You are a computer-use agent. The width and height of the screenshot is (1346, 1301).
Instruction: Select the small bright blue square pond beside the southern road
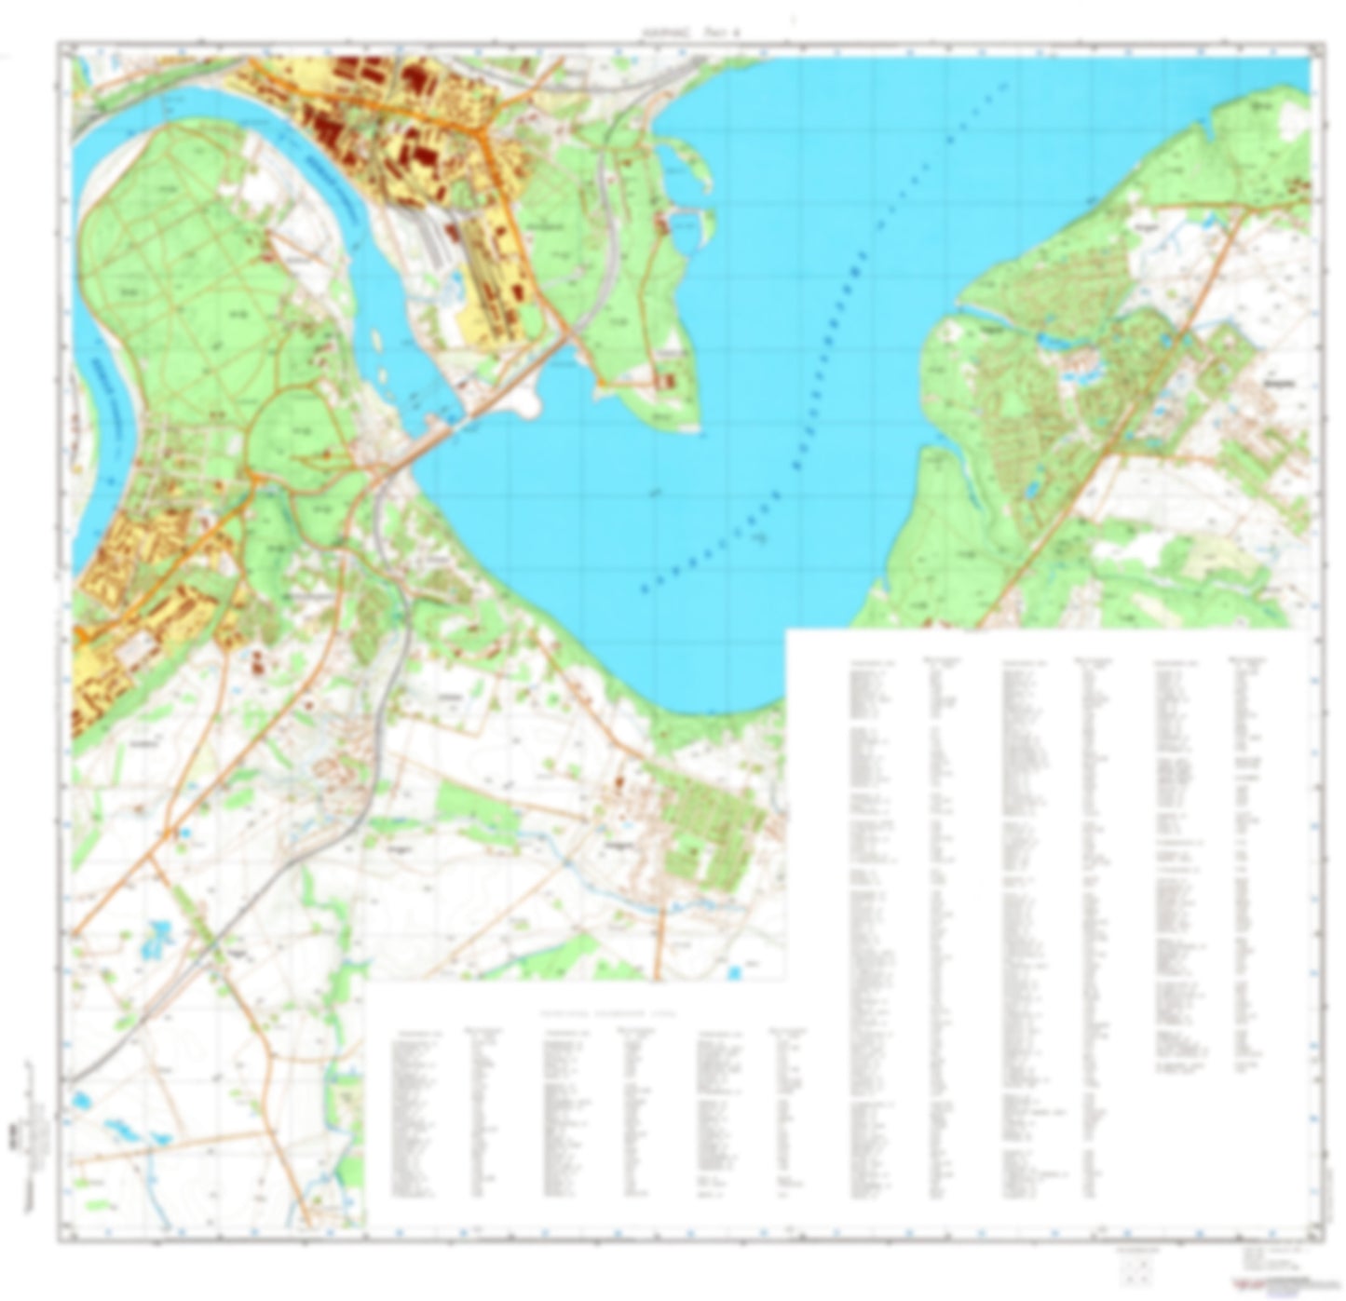tap(736, 973)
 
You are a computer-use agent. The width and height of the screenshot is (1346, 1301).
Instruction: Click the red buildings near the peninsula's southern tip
tap(665, 380)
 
